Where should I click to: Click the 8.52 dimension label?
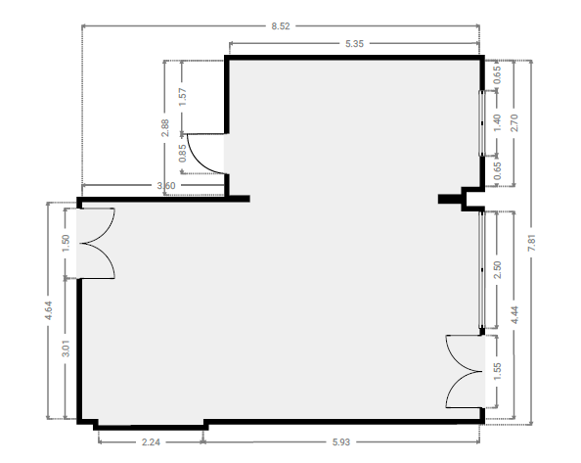(281, 26)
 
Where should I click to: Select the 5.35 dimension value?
(355, 44)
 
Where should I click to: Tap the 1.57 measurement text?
(182, 97)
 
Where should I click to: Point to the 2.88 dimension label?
(165, 128)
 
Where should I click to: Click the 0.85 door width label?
(182, 153)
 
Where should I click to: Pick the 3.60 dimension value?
(166, 185)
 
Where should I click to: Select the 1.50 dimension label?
(66, 243)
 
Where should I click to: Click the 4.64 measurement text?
(48, 310)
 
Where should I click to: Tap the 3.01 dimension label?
(66, 348)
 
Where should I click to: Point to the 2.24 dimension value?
(151, 442)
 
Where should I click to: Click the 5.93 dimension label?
(341, 442)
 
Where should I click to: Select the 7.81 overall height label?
(532, 243)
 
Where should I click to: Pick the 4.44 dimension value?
(514, 315)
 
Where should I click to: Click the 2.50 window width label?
(497, 270)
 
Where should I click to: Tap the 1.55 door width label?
(497, 371)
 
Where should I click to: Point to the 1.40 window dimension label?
(497, 123)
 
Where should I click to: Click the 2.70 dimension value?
(514, 123)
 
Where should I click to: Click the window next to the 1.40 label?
(481, 123)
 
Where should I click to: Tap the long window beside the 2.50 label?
(481, 270)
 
